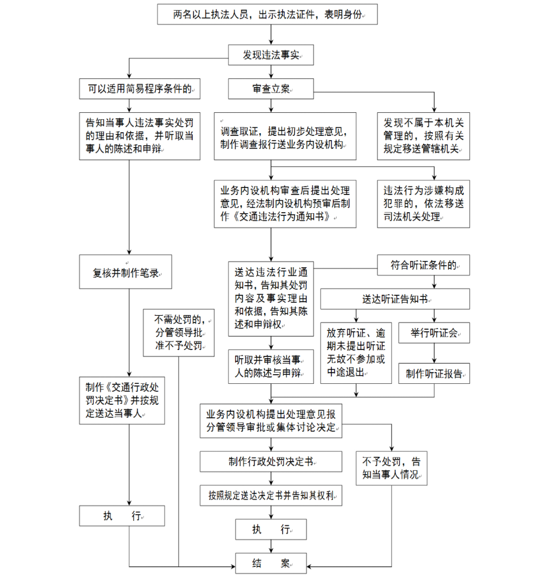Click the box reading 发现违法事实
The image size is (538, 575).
[x=271, y=55]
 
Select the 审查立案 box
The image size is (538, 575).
[x=271, y=89]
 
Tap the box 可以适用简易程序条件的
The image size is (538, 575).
[x=140, y=89]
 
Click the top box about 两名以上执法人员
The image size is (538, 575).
[x=267, y=14]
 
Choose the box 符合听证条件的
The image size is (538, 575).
[x=424, y=265]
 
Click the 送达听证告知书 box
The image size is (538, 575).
[x=395, y=299]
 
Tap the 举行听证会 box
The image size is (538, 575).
[x=434, y=333]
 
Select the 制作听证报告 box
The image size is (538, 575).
[x=434, y=374]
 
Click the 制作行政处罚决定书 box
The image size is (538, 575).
[x=271, y=461]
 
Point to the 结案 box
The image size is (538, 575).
[x=271, y=563]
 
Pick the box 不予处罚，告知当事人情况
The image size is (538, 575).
[x=391, y=468]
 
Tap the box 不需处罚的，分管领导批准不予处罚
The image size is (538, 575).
[x=179, y=332]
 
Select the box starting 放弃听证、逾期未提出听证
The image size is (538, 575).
[x=356, y=353]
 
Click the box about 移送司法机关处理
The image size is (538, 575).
[x=424, y=204]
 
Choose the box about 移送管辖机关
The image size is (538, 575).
[x=424, y=136]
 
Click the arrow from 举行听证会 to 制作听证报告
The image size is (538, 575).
[x=434, y=354]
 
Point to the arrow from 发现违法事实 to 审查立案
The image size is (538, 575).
[x=271, y=71]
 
